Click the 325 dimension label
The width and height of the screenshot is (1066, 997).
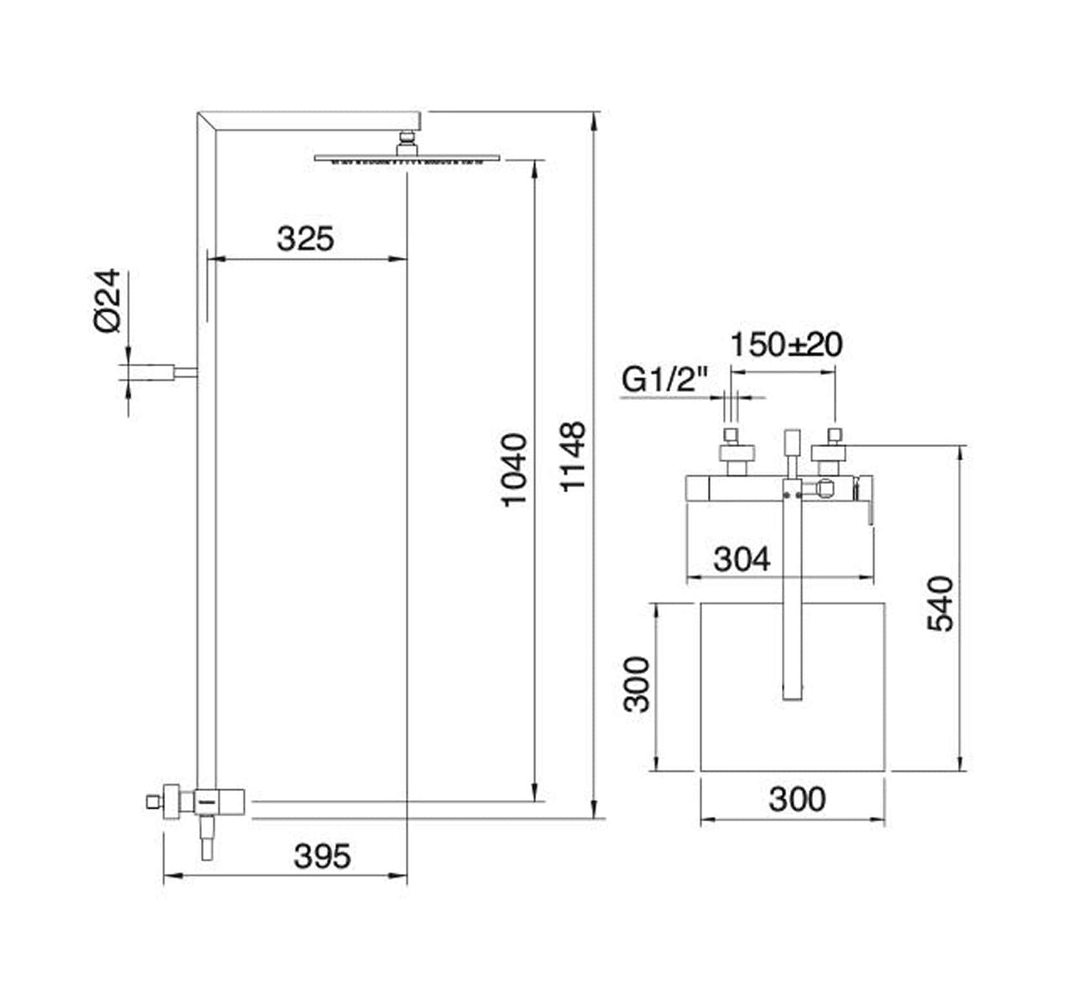click(305, 239)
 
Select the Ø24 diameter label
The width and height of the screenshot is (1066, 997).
click(108, 300)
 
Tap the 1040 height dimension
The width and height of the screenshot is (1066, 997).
click(514, 469)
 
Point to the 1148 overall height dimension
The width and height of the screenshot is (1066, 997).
click(572, 456)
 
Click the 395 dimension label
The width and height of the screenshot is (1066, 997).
click(322, 857)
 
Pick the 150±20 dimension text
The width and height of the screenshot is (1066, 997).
click(786, 345)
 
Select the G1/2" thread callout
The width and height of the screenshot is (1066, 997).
click(665, 380)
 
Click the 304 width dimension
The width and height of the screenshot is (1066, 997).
click(741, 559)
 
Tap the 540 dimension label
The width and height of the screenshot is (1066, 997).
click(940, 604)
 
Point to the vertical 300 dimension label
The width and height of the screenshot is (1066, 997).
click(637, 684)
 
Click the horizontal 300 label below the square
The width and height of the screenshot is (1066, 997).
click(797, 799)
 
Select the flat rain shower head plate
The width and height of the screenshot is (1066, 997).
click(406, 158)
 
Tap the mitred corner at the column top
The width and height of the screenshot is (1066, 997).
click(207, 121)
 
